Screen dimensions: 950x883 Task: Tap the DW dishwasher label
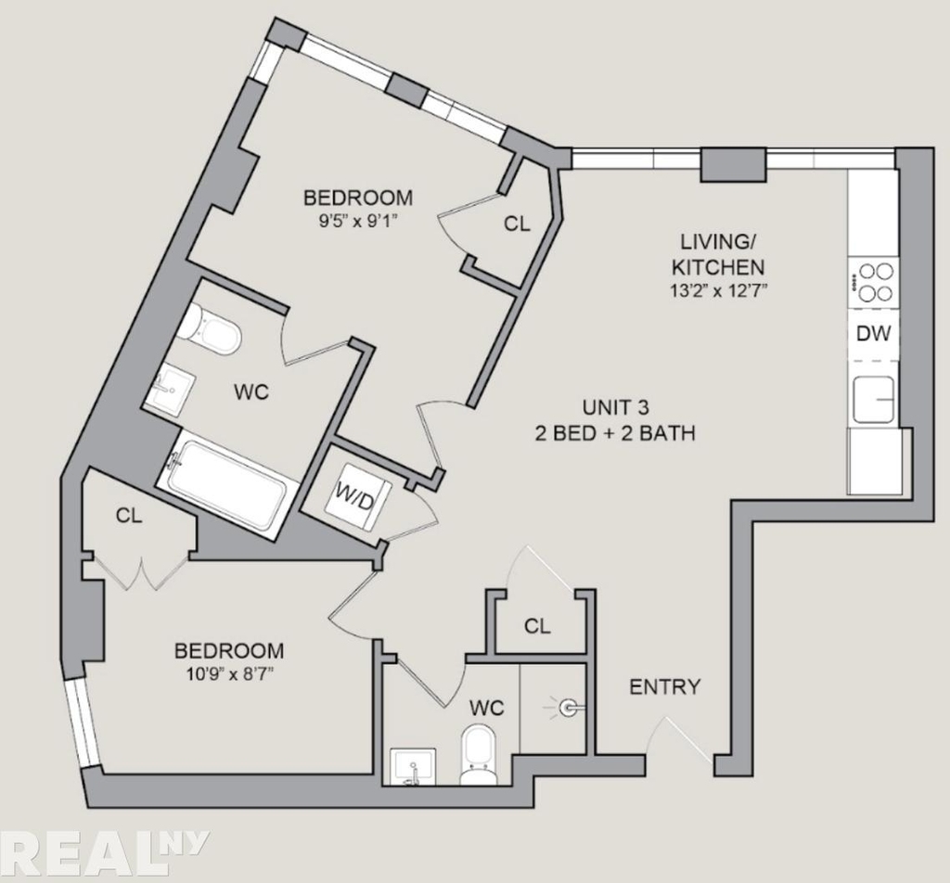[873, 334]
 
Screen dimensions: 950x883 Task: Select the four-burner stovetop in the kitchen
[873, 282]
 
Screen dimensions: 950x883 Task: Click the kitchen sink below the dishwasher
[873, 399]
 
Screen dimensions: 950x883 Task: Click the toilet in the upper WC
[211, 328]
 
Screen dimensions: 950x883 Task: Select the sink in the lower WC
[413, 767]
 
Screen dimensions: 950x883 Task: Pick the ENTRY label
[664, 686]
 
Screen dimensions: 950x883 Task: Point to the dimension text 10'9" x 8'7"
[228, 673]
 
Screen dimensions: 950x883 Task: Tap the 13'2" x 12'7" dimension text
[717, 290]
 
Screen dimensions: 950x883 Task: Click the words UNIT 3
[616, 407]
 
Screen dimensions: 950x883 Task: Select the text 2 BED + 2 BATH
[615, 433]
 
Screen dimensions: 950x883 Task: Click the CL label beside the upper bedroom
[517, 224]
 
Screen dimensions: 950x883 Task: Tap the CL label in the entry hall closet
[537, 626]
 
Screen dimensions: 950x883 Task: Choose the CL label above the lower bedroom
[129, 516]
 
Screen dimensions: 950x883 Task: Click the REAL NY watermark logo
[104, 855]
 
